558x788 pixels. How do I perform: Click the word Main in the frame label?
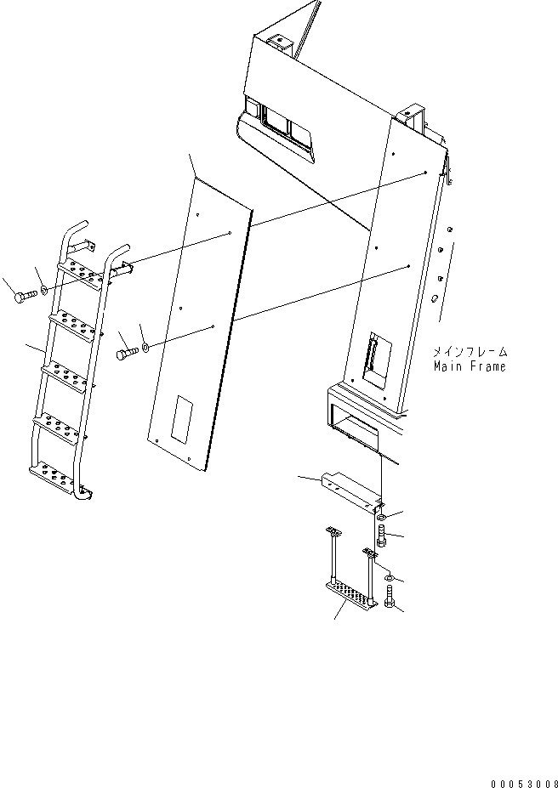(448, 367)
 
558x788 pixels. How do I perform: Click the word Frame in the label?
(487, 367)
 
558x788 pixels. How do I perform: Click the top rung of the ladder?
(80, 271)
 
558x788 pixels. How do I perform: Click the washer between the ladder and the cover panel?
(146, 347)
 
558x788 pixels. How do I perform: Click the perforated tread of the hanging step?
(350, 592)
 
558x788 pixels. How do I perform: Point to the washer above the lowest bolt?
(388, 578)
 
